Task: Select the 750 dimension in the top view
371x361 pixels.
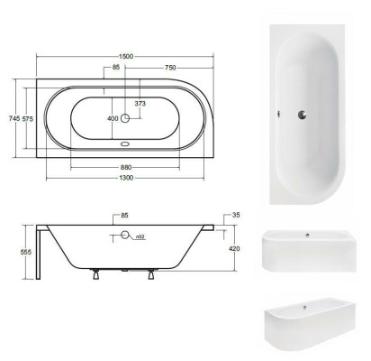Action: pyautogui.click(x=169, y=68)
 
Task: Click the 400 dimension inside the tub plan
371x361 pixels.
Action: pyautogui.click(x=112, y=117)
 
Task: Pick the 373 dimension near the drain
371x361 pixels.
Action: pyautogui.click(x=140, y=105)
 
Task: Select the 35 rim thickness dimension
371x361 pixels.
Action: pyautogui.click(x=235, y=217)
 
